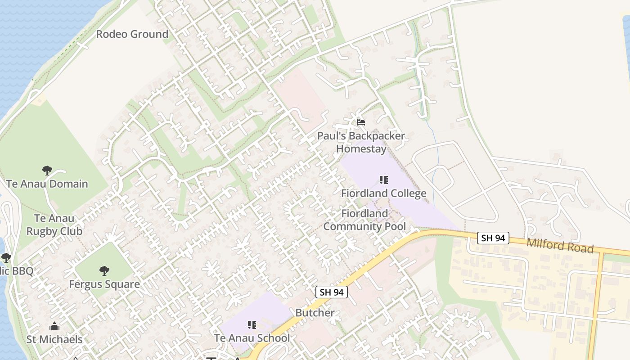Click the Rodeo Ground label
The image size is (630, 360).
pyautogui.click(x=132, y=34)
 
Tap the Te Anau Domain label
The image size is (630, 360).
pyautogui.click(x=47, y=184)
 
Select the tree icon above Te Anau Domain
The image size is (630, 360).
pyautogui.click(x=47, y=171)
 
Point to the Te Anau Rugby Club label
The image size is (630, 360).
pyautogui.click(x=54, y=225)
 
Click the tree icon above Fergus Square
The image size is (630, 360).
pyautogui.click(x=104, y=270)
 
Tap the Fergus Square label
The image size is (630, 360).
pyautogui.click(x=104, y=284)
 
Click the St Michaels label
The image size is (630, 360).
pyautogui.click(x=54, y=339)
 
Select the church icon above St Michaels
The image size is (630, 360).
pyautogui.click(x=54, y=326)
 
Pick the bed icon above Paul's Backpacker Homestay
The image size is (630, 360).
pyautogui.click(x=360, y=122)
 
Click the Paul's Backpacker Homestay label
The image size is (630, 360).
pyautogui.click(x=361, y=142)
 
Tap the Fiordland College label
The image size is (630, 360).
pyautogui.click(x=383, y=193)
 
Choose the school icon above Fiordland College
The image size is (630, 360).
pyautogui.click(x=383, y=180)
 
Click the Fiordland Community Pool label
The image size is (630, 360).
pyautogui.click(x=364, y=220)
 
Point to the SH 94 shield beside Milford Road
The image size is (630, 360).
pyautogui.click(x=493, y=238)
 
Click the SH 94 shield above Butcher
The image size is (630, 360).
pyautogui.click(x=332, y=292)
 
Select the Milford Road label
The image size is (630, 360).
pyautogui.click(x=560, y=246)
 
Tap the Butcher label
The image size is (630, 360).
pyautogui.click(x=315, y=313)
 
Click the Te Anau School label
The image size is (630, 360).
pyautogui.click(x=252, y=338)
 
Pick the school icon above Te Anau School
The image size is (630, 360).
pyautogui.click(x=252, y=325)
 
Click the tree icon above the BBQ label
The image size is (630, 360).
pyautogui.click(x=6, y=258)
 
